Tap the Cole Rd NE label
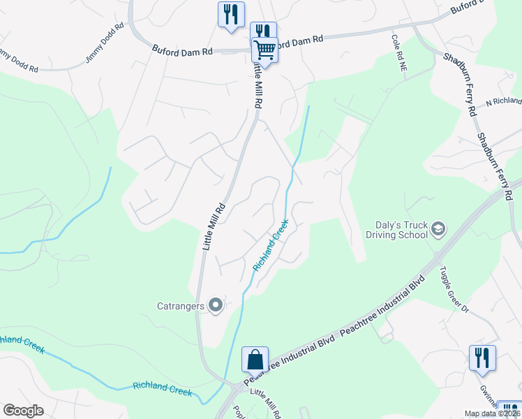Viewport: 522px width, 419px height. pyautogui.click(x=399, y=54)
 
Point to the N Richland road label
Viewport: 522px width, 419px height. pyautogui.click(x=504, y=101)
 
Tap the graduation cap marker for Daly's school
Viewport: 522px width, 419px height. pyautogui.click(x=438, y=229)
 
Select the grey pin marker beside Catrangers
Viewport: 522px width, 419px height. pyautogui.click(x=216, y=304)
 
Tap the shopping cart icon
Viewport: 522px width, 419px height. pyautogui.click(x=264, y=50)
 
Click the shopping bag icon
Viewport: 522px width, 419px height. pyautogui.click(x=255, y=360)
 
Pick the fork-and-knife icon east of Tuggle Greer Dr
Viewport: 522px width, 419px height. pyautogui.click(x=482, y=357)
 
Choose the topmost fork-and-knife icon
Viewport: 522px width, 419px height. pyautogui.click(x=231, y=14)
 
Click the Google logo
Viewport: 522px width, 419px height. pyautogui.click(x=24, y=411)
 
